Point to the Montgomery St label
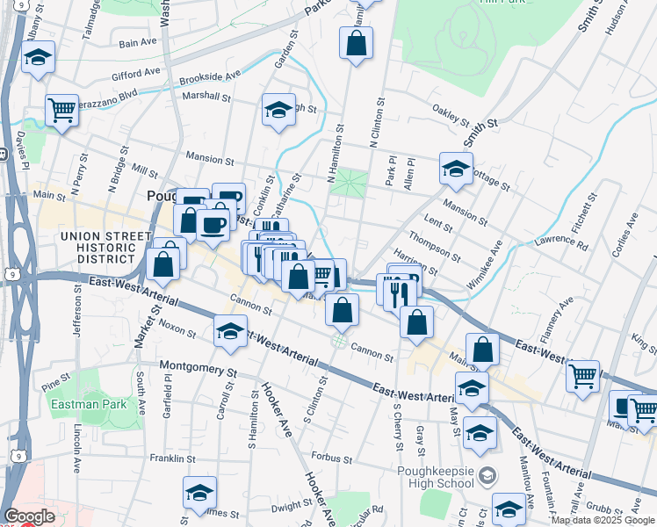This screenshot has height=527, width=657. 199,368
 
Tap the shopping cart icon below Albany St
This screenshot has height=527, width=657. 61,111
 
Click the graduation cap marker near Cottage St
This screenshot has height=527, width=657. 456,170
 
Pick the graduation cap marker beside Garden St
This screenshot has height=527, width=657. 278,110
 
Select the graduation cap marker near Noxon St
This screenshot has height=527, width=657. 230,331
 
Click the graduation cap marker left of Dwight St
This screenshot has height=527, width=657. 199,493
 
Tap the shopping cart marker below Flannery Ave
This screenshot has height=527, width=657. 583,376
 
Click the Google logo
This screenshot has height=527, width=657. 29,516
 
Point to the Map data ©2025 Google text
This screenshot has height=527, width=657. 603,520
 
